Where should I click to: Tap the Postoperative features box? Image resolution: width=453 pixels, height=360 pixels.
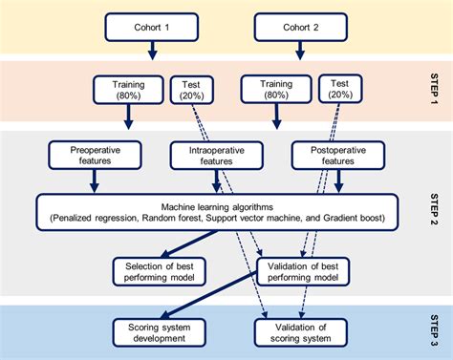click(x=340, y=155)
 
